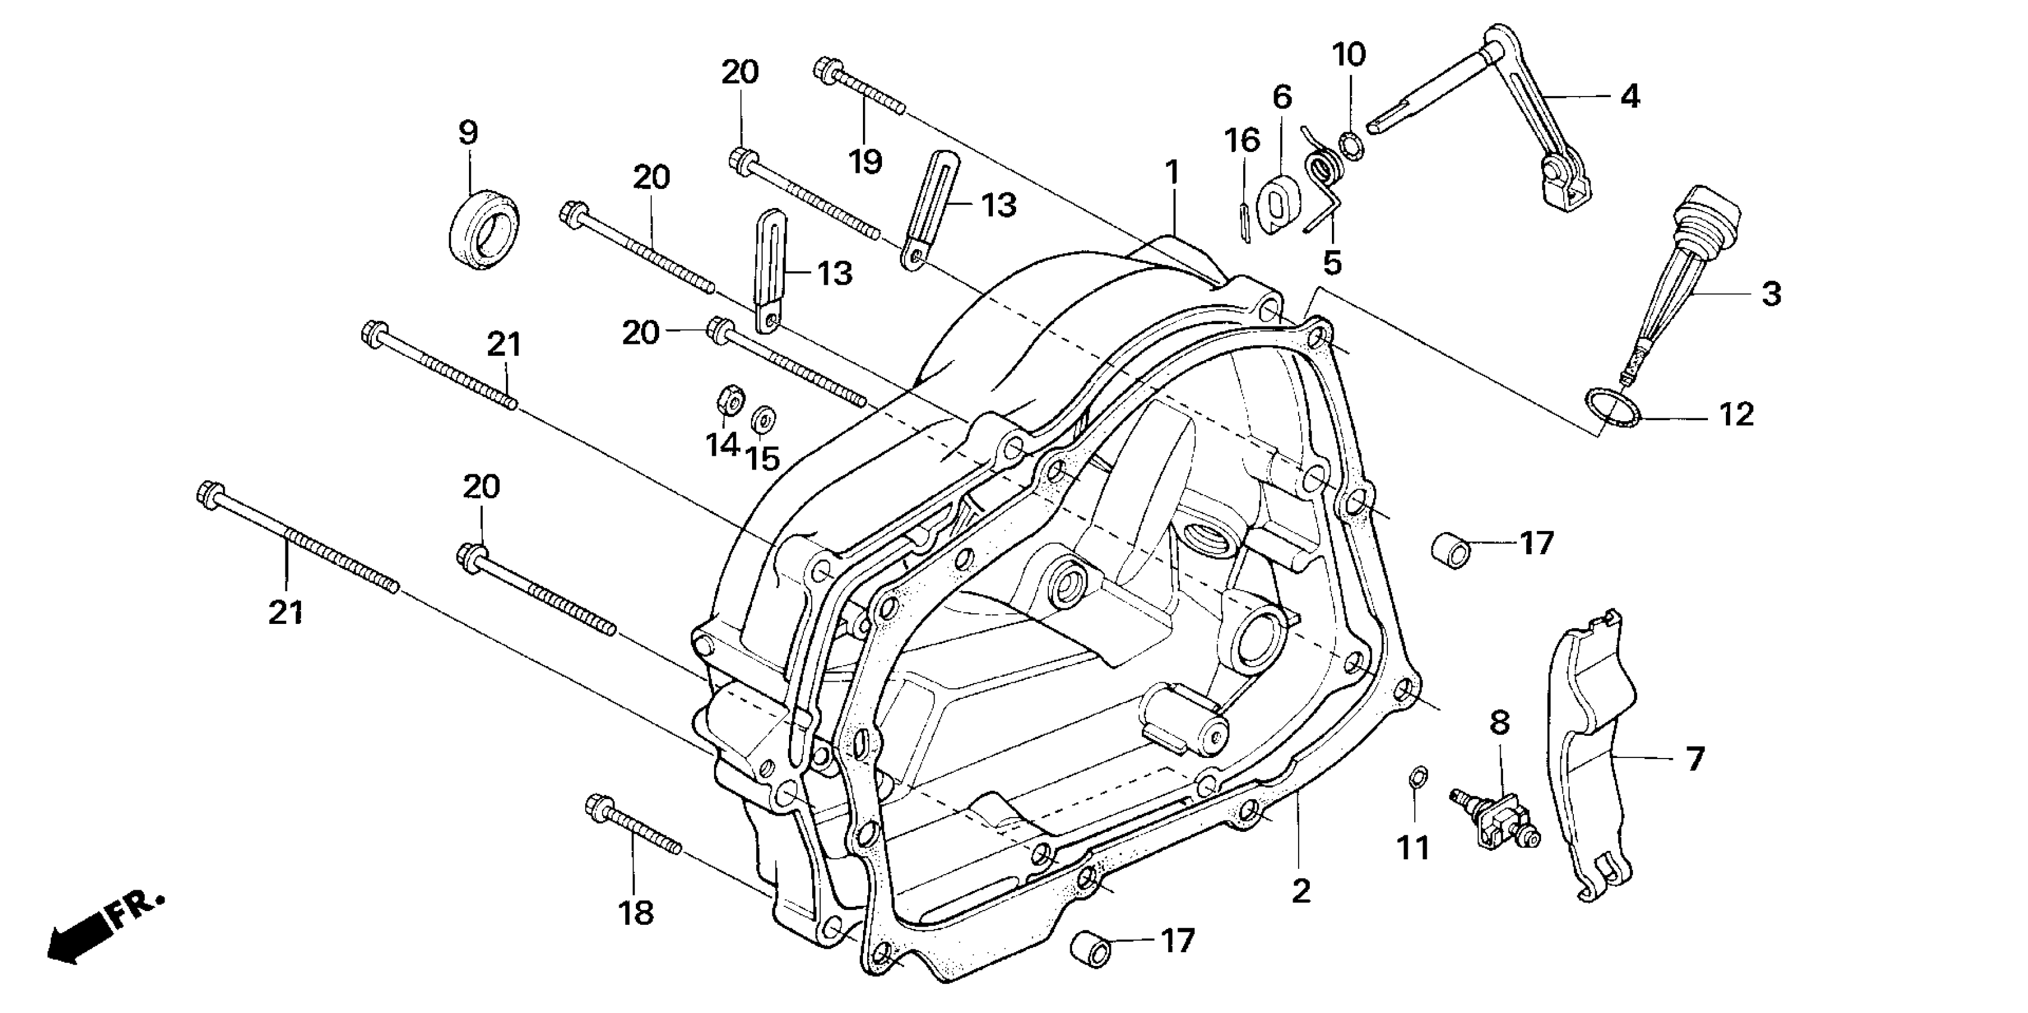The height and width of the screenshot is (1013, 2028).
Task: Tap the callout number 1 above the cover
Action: tap(1172, 172)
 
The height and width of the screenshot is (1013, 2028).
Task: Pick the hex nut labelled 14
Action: tap(730, 400)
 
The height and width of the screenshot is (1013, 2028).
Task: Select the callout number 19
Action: tap(865, 161)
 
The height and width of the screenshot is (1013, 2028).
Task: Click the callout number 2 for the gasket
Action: tap(1302, 891)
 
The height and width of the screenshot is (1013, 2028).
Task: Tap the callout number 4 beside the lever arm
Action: tap(1630, 97)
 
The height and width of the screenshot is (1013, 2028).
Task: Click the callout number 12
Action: tap(1737, 414)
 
